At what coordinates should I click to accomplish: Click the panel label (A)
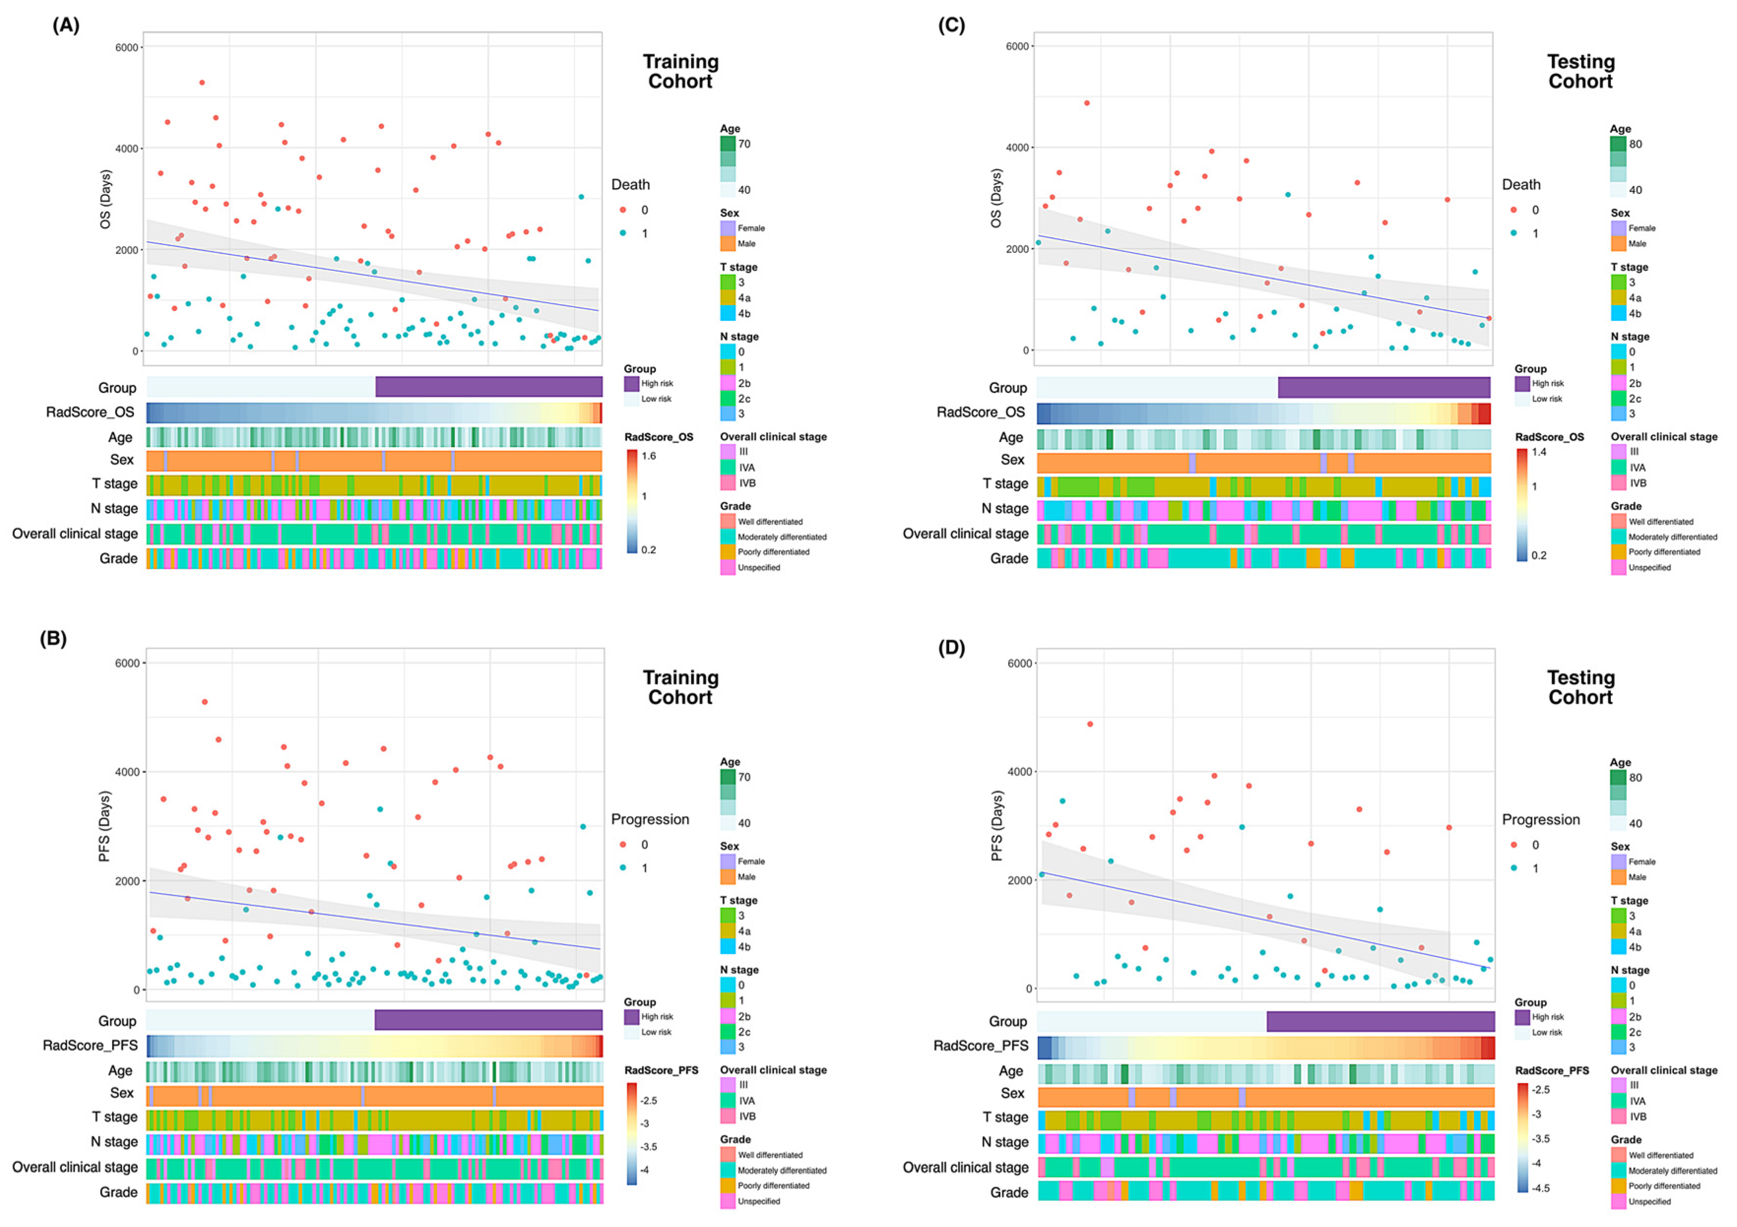click(x=66, y=25)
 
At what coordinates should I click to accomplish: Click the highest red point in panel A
click(x=202, y=83)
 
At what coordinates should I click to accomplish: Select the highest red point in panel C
click(x=1087, y=103)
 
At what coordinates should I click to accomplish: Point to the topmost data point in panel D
click(x=1090, y=724)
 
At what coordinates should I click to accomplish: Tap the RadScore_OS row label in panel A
click(x=90, y=412)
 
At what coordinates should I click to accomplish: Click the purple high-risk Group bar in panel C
click(x=1383, y=387)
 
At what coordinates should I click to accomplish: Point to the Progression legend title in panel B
click(x=650, y=819)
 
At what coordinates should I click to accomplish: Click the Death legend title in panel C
click(x=1521, y=185)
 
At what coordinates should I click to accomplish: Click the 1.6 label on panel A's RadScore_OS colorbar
click(x=648, y=456)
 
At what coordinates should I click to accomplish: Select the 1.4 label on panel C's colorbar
click(x=1539, y=452)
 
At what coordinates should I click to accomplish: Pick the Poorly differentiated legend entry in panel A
click(x=773, y=552)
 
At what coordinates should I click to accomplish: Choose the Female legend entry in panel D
click(x=1641, y=862)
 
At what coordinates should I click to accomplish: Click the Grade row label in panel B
click(x=119, y=1192)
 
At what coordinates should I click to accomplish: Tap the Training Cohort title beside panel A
click(x=680, y=72)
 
